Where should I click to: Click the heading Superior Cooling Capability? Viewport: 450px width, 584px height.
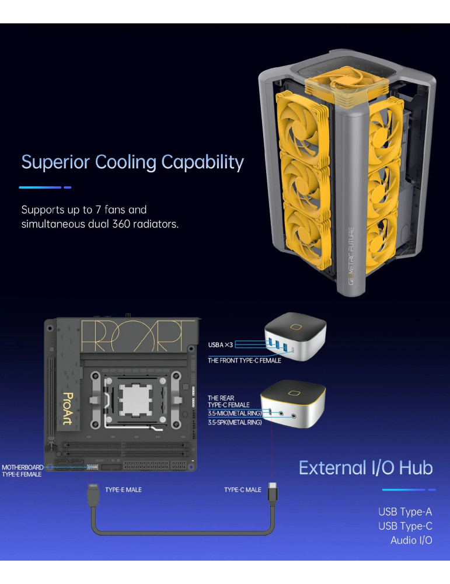pos(132,163)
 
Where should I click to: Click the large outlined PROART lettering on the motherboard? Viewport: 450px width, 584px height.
pos(138,336)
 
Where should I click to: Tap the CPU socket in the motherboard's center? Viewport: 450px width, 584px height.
pos(135,401)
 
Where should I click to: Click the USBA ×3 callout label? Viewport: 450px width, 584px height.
pos(221,345)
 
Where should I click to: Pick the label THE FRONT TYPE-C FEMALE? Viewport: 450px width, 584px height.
pos(245,360)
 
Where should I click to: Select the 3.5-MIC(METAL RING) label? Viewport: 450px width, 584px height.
pos(235,413)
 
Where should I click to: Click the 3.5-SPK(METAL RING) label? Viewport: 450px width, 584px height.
pos(235,422)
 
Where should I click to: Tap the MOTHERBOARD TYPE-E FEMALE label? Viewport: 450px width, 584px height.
pos(22,471)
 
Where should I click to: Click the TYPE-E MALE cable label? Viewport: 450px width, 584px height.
pos(123,490)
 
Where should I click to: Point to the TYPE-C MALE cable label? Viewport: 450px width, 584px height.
pos(243,490)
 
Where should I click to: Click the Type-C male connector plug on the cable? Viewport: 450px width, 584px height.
pos(273,493)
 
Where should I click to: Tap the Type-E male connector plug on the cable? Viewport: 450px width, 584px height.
pos(93,495)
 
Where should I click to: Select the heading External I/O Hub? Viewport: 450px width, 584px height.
pos(366,468)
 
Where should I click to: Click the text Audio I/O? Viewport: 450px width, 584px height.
pos(411,540)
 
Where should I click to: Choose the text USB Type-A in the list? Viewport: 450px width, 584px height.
pos(405,512)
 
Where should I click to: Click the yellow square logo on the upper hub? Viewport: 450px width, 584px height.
pos(296,327)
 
